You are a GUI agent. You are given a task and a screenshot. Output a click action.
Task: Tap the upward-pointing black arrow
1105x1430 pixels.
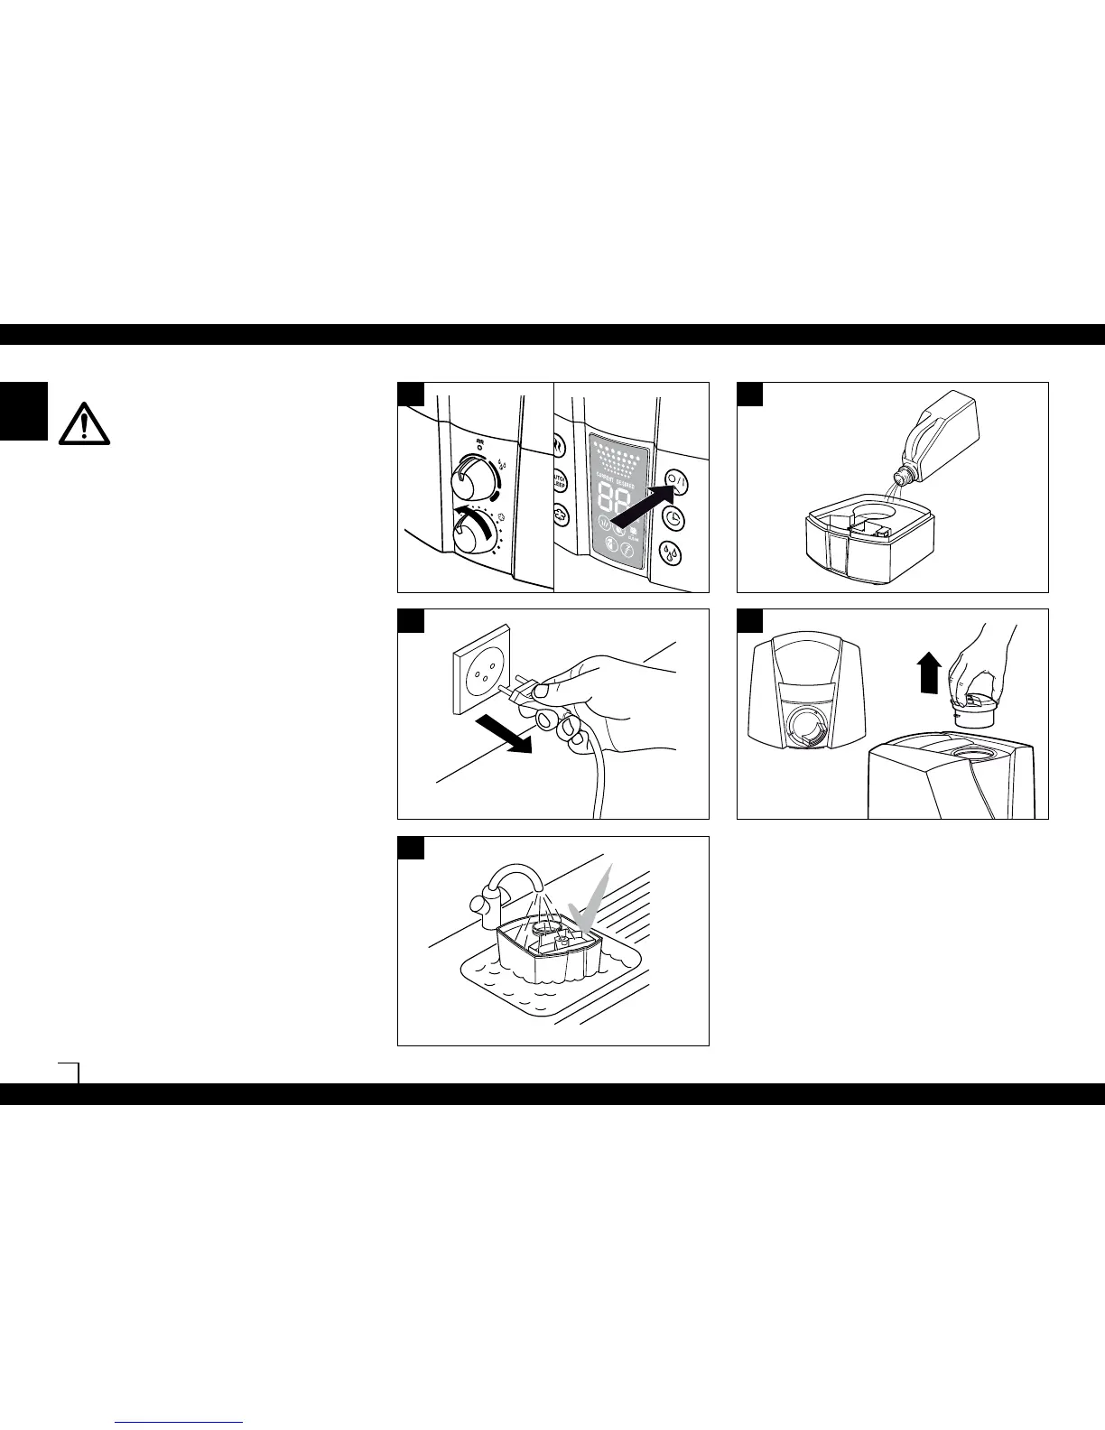[x=929, y=673]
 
